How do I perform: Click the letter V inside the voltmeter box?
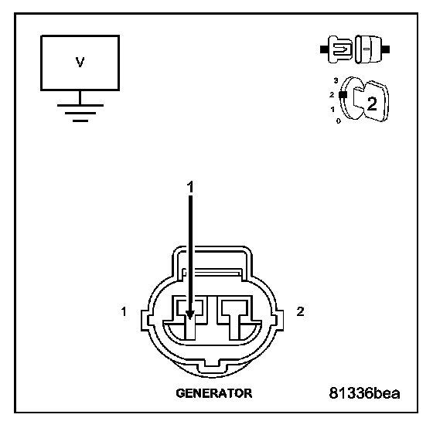(x=80, y=62)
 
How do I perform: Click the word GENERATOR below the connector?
(x=214, y=393)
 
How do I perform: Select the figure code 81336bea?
(x=364, y=393)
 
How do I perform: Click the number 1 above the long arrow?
(x=190, y=187)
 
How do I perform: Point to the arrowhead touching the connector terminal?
(x=190, y=314)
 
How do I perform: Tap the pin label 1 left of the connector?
(x=124, y=311)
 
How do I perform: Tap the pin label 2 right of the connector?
(x=300, y=311)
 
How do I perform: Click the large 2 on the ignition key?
(x=372, y=104)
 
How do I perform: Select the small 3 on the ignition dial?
(x=336, y=80)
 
